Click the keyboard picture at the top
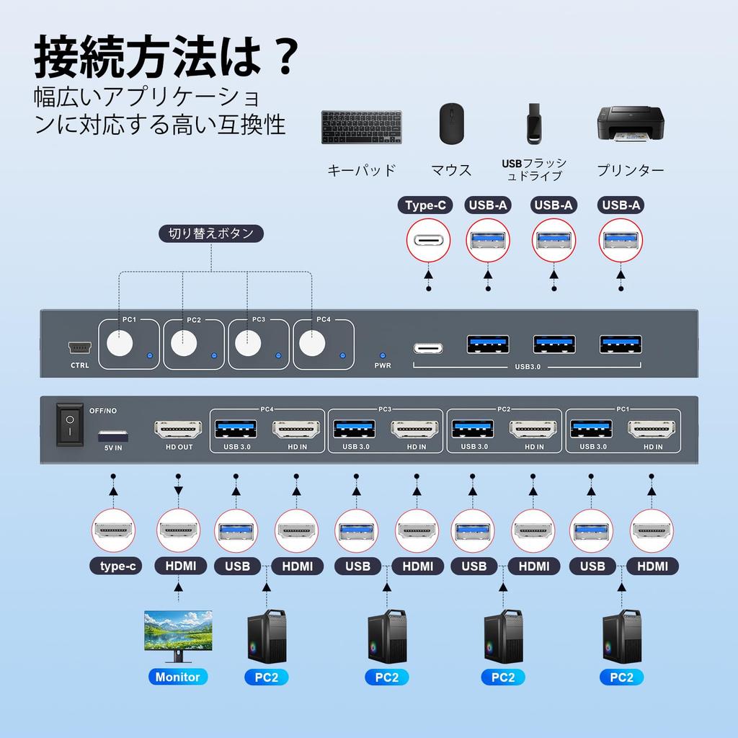[361, 127]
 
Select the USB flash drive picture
[533, 123]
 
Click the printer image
[630, 124]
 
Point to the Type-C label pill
[425, 205]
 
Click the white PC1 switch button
[120, 343]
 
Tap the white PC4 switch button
[312, 343]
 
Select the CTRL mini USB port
[79, 348]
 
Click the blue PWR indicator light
[383, 356]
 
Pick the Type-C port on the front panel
[428, 348]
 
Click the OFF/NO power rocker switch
[70, 425]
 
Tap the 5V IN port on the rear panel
[113, 436]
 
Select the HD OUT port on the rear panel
[174, 430]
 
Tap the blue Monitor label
[178, 677]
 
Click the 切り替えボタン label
[211, 234]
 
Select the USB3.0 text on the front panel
[528, 367]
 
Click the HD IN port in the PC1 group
[652, 430]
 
